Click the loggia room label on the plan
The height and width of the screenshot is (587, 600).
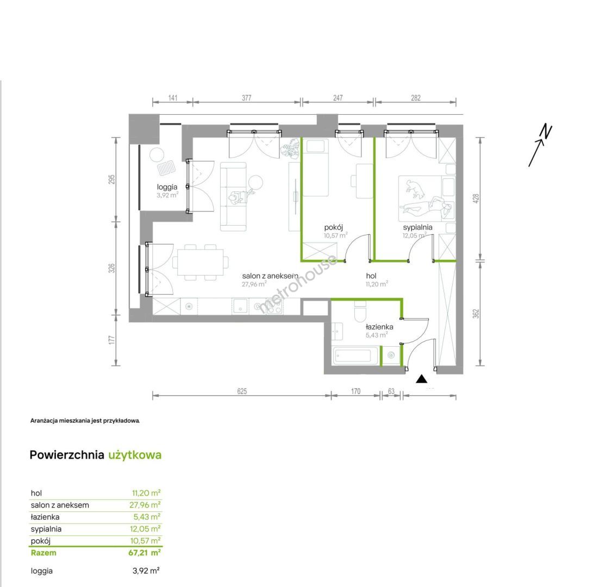pos(167,187)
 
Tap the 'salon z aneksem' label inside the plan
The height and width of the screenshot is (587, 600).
pos(270,276)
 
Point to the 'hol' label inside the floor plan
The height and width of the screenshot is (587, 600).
pos(371,276)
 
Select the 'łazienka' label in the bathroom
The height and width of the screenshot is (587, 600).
pos(379,327)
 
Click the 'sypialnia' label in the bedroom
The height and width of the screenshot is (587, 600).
pos(417,227)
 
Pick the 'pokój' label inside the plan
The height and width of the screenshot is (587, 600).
pos(334,227)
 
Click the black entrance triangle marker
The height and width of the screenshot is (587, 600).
pos(422,379)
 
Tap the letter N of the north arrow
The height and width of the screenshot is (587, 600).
pos(546,132)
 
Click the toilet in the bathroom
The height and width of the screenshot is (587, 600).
pos(360,311)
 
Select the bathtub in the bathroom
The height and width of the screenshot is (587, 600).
pos(353,355)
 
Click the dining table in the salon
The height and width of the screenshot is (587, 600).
pos(201,262)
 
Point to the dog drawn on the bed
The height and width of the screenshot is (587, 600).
pos(415,189)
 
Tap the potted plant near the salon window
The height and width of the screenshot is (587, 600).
pos(290,148)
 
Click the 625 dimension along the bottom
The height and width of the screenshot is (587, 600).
pos(242,391)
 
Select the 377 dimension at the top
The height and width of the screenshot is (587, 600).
pos(246,98)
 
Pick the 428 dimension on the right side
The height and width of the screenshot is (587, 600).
pos(476,198)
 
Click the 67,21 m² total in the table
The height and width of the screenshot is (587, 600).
pos(145,553)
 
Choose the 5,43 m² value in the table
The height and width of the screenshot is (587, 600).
pos(147,517)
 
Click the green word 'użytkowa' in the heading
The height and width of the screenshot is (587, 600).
pos(135,455)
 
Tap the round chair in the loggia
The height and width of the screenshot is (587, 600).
pos(157,154)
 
